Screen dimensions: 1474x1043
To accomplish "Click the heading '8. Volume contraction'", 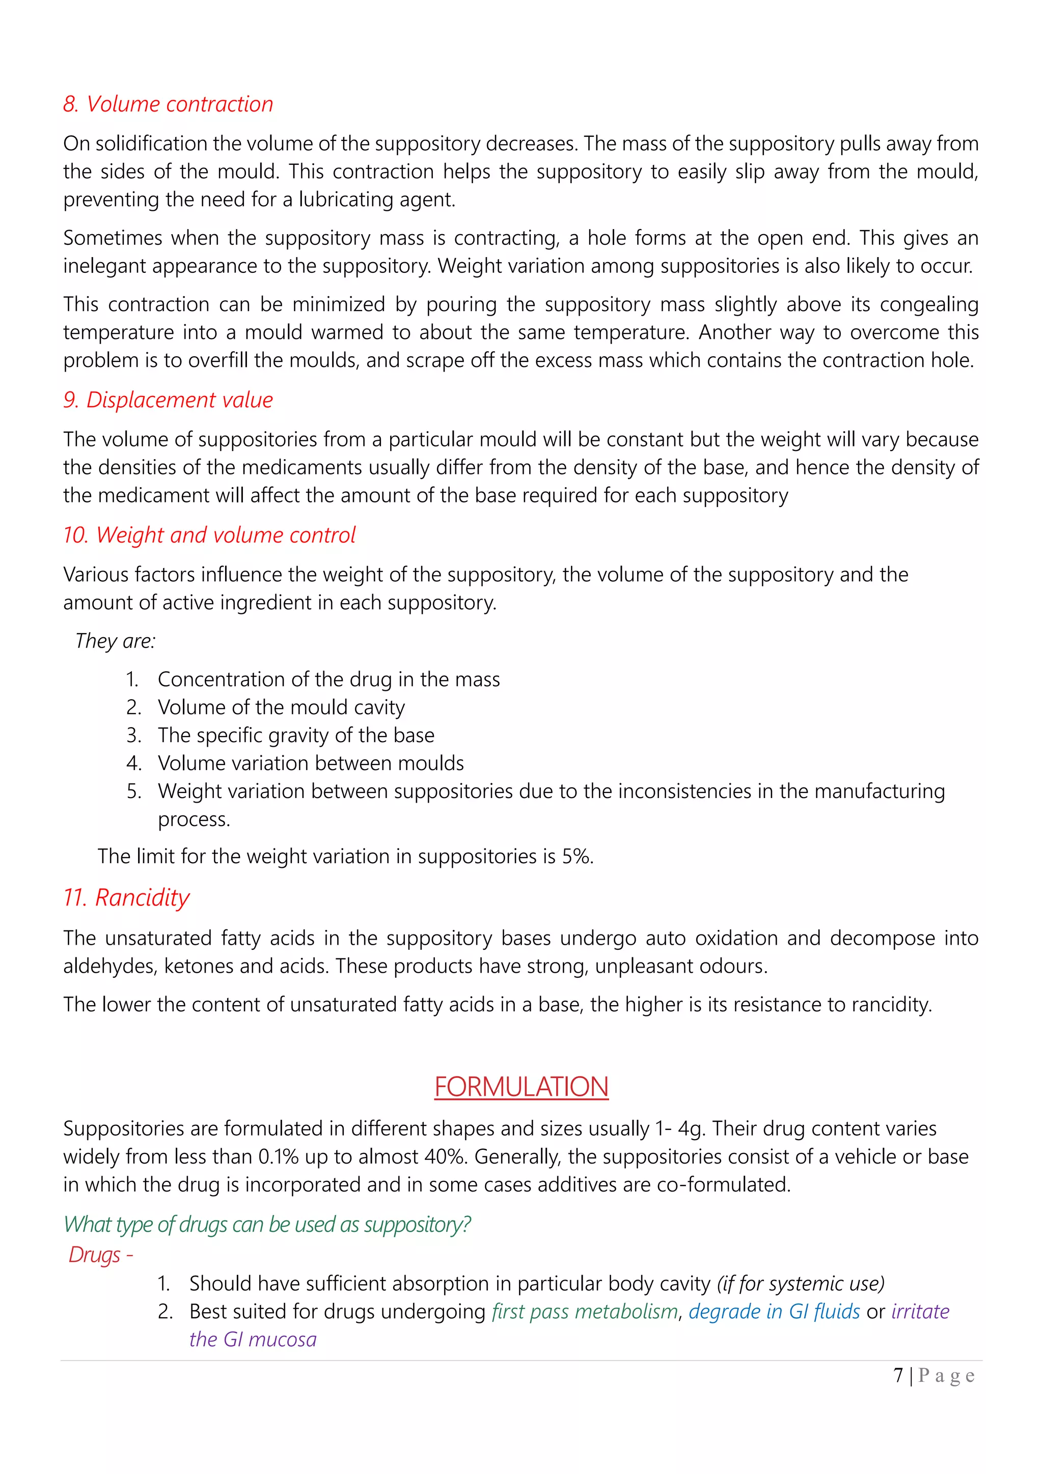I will (x=168, y=104).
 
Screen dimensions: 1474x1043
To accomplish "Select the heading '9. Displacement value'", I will (x=168, y=400).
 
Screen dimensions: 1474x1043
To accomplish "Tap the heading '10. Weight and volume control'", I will (x=209, y=535).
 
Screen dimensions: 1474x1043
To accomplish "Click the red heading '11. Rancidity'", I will (x=126, y=897).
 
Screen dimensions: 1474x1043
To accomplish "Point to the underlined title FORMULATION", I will (x=521, y=1087).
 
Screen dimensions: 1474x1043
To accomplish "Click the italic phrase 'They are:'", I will (x=116, y=641).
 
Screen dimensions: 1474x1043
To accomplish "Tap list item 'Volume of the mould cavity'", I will (x=281, y=707).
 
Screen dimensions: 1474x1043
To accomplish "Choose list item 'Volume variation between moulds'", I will (x=311, y=763).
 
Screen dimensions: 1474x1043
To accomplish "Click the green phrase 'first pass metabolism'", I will (x=585, y=1312).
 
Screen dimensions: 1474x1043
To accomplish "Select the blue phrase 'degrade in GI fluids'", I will (x=774, y=1312).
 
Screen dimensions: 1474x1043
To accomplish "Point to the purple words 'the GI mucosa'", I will (x=253, y=1340).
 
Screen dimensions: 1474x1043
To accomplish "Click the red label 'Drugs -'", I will (x=101, y=1255).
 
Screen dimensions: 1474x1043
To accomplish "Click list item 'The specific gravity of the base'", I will (x=296, y=735).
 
